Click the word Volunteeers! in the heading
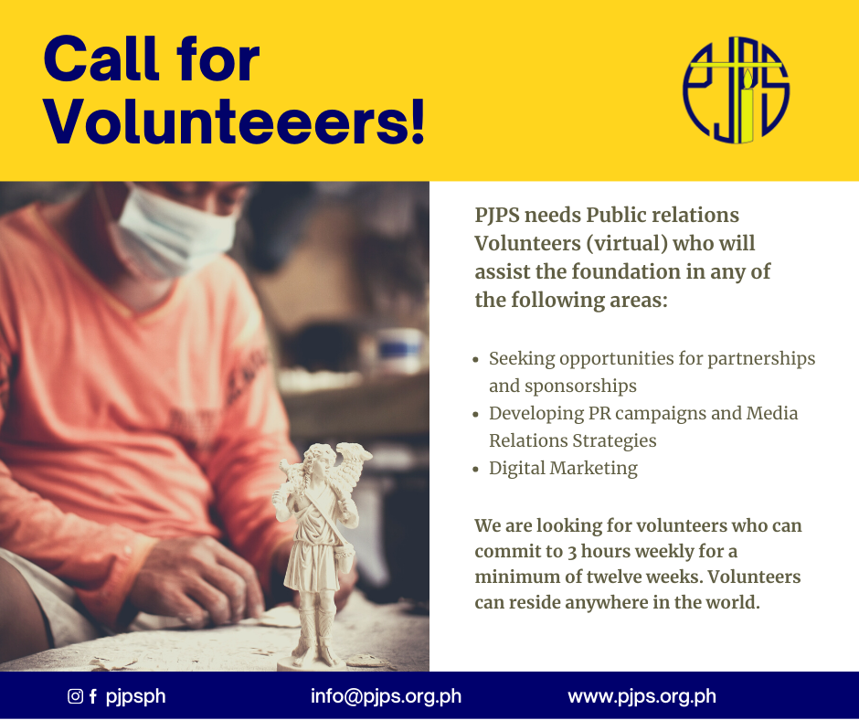[x=234, y=121]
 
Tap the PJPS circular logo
[x=736, y=90]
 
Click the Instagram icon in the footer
[x=75, y=696]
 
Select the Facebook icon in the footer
[x=93, y=696]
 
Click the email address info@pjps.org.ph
[x=386, y=696]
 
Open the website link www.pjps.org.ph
[x=642, y=696]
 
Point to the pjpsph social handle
[x=135, y=696]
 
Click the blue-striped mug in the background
[x=401, y=350]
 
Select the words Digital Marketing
[x=563, y=469]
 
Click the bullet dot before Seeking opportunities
[x=475, y=360]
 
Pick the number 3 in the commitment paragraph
[x=572, y=552]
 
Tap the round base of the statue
[x=313, y=664]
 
